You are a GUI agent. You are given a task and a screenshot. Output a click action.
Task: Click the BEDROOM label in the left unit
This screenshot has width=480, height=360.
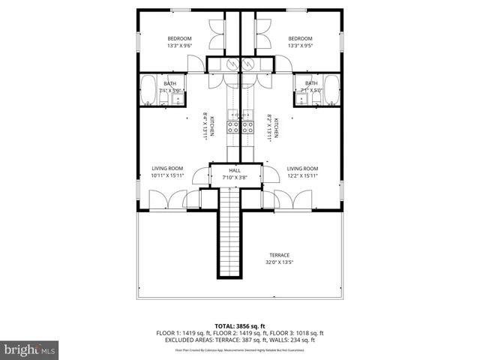pos(180,39)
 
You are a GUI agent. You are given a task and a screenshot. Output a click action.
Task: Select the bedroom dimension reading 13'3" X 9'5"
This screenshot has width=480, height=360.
pos(300,46)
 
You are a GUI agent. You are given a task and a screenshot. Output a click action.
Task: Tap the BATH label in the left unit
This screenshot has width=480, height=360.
pos(170,83)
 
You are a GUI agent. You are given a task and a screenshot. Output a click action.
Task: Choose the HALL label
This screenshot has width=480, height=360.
pos(235,171)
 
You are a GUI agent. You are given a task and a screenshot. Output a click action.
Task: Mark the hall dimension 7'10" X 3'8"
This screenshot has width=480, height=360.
pos(235,178)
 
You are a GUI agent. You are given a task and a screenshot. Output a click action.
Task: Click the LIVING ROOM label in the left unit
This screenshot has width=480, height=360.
pos(167,169)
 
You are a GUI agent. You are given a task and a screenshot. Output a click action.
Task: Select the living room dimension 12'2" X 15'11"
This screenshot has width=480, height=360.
pos(302,176)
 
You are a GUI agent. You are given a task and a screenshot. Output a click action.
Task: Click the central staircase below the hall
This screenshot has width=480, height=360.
pos(229,232)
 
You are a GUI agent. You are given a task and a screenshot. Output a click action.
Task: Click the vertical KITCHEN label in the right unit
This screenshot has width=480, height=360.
pos(276,127)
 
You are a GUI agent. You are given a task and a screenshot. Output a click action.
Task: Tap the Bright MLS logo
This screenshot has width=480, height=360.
pos(29,349)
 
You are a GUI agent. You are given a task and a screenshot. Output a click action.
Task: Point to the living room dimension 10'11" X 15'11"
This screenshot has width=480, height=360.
pos(167,176)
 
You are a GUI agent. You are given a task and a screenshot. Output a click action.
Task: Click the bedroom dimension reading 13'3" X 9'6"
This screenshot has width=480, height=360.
pos(180,46)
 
